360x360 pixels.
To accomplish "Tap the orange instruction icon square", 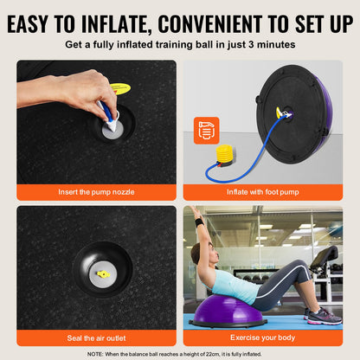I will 206,130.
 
